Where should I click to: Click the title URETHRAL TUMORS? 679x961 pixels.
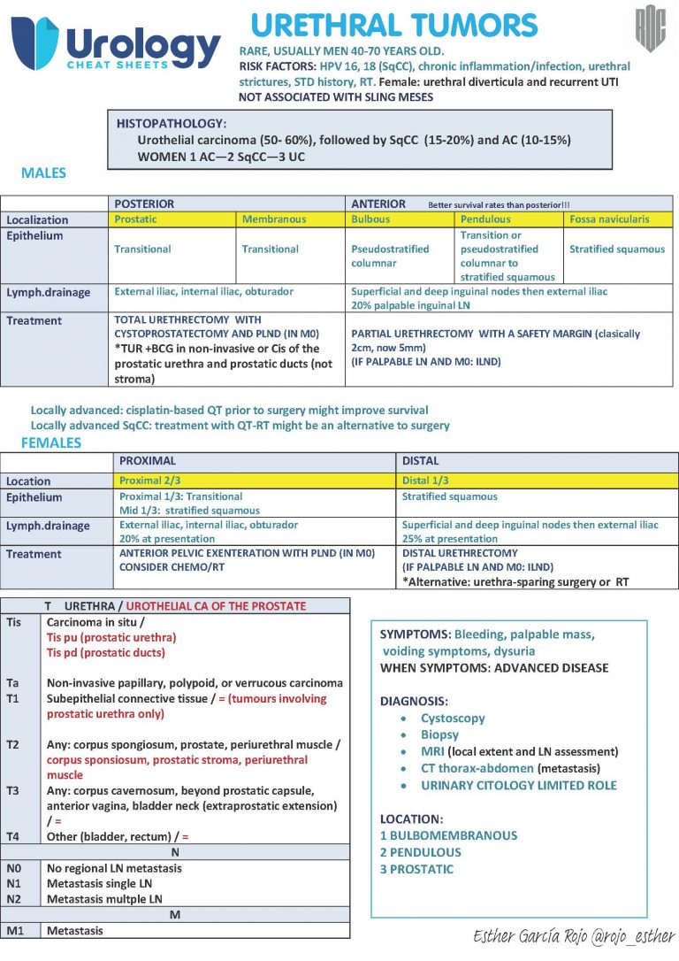[394, 25]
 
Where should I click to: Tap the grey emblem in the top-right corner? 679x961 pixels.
[651, 28]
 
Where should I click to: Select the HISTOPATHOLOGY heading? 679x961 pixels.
[172, 124]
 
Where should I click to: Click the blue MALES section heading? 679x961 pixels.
[43, 173]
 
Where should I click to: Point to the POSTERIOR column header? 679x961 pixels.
[145, 204]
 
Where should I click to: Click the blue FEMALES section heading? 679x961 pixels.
[50, 443]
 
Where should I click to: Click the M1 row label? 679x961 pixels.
[16, 930]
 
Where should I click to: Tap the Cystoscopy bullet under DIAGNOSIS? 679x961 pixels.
[452, 719]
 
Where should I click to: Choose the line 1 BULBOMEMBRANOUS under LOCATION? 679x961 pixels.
[448, 835]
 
